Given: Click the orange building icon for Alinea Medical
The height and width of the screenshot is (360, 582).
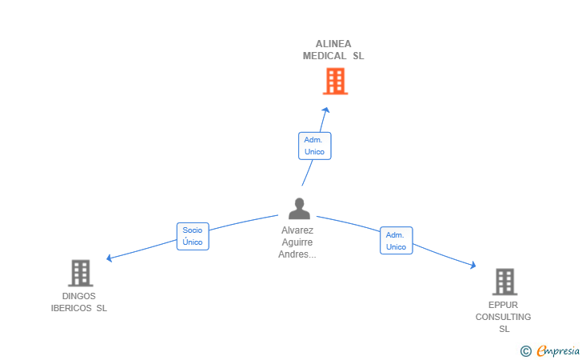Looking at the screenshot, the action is click(x=335, y=81).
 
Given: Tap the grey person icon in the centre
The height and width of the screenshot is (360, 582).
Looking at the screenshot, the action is click(x=299, y=209).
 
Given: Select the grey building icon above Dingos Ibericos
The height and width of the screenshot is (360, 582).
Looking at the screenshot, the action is click(x=81, y=273).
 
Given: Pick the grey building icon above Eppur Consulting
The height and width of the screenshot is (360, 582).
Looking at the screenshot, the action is click(x=504, y=282).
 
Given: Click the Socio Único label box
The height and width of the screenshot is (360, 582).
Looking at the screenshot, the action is click(x=193, y=236).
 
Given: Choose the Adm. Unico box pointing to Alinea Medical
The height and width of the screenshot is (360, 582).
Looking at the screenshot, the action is click(x=315, y=146).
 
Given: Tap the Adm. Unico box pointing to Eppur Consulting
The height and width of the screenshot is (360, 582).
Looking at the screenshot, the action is click(x=397, y=241).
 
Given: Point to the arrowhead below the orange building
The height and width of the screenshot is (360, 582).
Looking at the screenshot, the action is click(x=326, y=110).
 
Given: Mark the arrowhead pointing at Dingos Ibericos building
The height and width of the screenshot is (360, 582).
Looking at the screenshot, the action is click(x=109, y=258).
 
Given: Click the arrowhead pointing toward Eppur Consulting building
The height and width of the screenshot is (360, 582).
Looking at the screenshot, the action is click(x=473, y=265).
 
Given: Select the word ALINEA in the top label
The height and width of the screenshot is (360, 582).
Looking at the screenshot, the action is click(x=333, y=44).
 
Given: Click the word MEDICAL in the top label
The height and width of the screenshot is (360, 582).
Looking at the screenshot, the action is click(x=325, y=56).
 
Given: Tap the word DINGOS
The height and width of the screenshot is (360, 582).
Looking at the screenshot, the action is click(x=78, y=296).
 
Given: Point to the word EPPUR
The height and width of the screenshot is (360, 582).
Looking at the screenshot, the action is click(x=503, y=305).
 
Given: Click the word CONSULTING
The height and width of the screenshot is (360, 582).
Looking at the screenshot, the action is click(x=503, y=317).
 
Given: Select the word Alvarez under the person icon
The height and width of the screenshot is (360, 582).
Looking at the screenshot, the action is click(x=297, y=230).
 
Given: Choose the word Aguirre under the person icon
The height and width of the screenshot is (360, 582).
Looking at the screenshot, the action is click(x=297, y=242).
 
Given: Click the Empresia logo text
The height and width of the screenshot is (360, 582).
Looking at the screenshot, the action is click(x=558, y=350).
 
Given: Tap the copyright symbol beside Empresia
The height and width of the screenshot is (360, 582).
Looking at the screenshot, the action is click(x=525, y=351).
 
